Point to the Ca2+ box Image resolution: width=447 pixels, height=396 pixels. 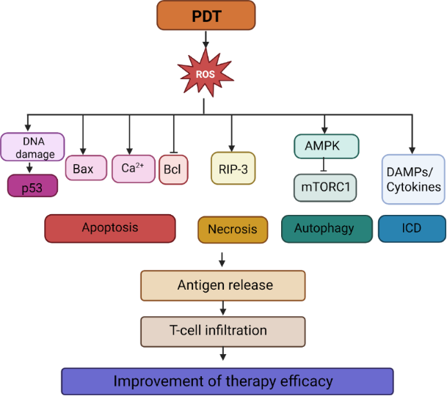tap(134, 169)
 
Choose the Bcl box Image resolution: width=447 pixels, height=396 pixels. tap(173, 169)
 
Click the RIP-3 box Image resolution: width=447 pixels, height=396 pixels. tap(231, 167)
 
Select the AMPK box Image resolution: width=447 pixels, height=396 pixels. tap(325, 146)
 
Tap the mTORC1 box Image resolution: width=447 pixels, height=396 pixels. tap(325, 188)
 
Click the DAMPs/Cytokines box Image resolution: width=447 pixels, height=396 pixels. tap(413, 178)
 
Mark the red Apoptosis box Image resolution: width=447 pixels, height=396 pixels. tap(110, 228)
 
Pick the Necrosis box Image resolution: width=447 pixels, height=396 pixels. tap(233, 229)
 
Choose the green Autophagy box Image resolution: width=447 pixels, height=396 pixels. tap(327, 229)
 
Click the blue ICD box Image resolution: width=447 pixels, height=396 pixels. tap(412, 229)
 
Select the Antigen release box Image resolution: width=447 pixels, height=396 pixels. tap(223, 285)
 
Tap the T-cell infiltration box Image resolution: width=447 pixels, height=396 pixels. tap(223, 331)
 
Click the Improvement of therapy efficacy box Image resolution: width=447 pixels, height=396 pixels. tap(223, 381)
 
